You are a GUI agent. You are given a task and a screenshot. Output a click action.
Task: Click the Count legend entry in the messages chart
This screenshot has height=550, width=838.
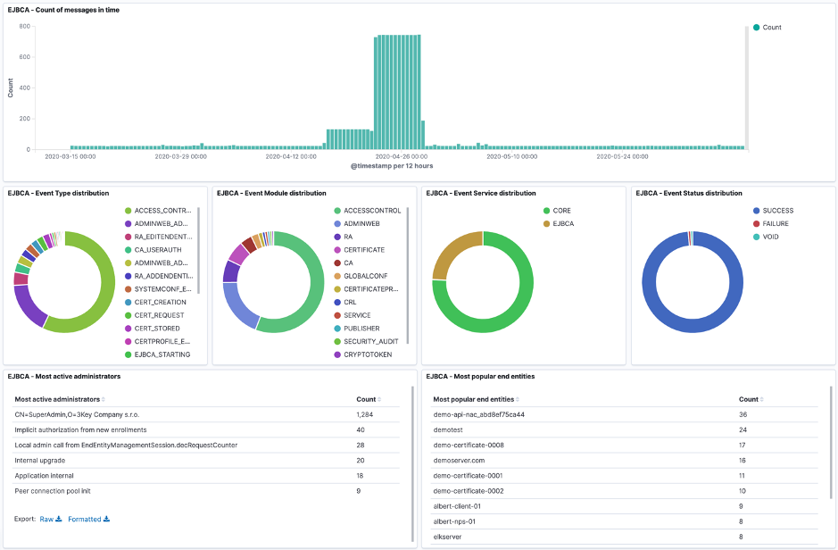point(771,28)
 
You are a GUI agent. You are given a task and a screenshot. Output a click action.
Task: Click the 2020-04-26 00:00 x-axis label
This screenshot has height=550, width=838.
point(402,156)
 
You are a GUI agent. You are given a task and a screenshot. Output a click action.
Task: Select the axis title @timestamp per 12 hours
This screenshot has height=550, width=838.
point(393,166)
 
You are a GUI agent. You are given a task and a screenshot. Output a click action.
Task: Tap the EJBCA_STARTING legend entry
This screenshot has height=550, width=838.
point(162,354)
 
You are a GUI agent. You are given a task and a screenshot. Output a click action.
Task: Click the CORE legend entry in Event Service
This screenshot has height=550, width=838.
point(561,211)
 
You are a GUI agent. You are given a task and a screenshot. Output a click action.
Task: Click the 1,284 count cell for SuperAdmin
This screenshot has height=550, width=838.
point(364,414)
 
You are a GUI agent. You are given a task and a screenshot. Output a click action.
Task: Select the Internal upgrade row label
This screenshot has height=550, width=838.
point(39,460)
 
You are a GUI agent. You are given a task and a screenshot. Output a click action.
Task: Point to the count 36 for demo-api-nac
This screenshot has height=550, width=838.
point(743,414)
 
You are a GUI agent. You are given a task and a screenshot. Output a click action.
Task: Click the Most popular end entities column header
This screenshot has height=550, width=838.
point(473,399)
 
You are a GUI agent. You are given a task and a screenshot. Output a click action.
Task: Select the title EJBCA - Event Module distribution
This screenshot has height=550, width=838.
point(271,193)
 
